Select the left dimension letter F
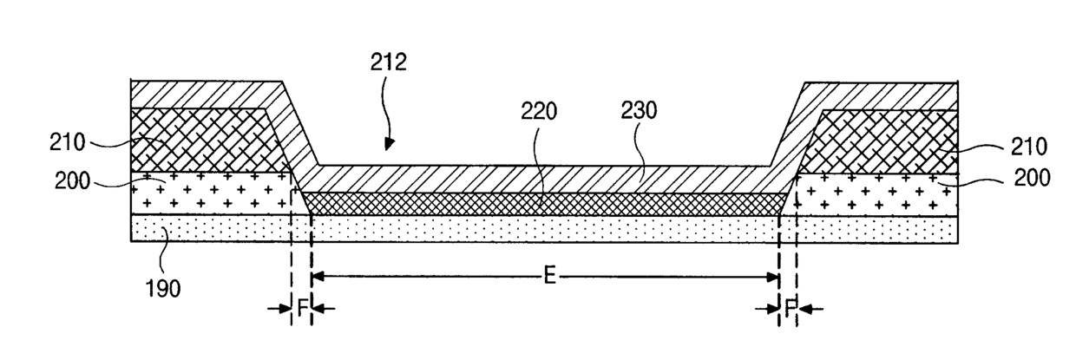point(301,308)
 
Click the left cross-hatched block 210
point(200,139)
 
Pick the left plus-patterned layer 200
point(208,193)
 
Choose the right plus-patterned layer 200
point(876,194)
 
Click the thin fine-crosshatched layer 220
point(547,204)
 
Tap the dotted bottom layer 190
point(547,228)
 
